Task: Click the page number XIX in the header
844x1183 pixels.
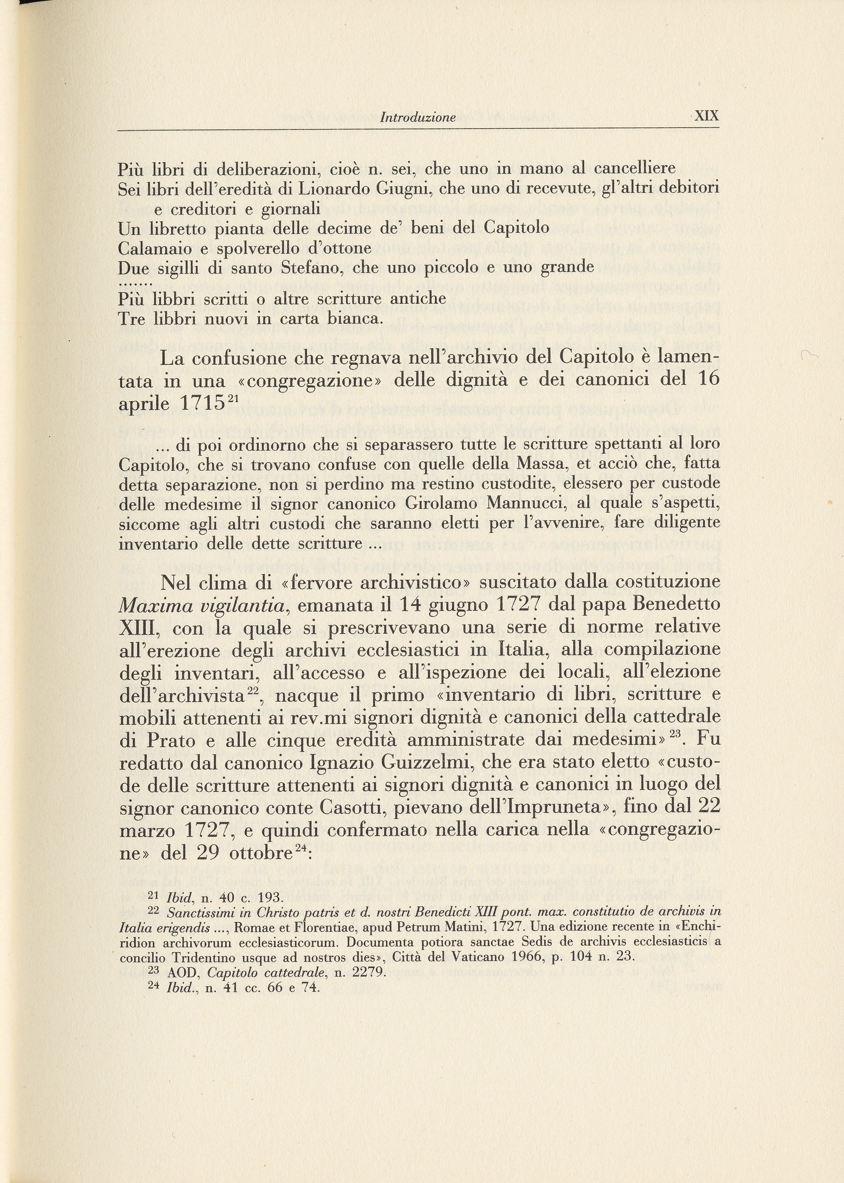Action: coord(706,116)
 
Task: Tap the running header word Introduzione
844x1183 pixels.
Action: coord(418,118)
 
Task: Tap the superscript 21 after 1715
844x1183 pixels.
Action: coord(232,398)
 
